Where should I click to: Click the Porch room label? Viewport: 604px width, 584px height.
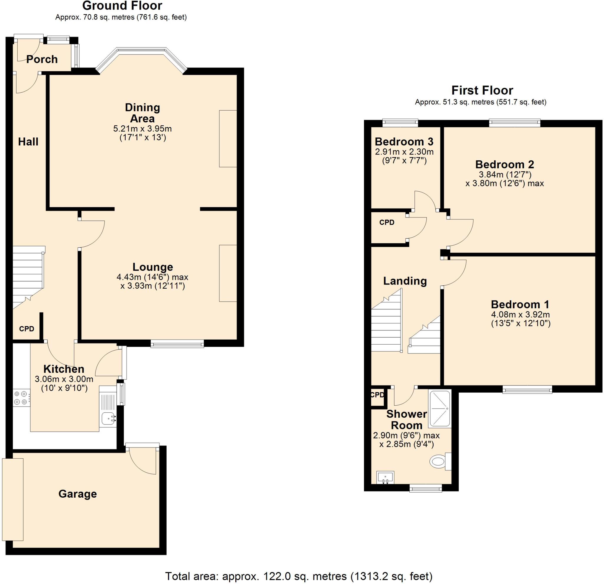[42, 59]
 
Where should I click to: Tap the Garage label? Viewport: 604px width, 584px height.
[78, 494]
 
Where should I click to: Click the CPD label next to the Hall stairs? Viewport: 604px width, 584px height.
[27, 329]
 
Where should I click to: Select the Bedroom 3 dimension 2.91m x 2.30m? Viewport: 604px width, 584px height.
[404, 152]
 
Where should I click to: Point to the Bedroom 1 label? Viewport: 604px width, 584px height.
[520, 304]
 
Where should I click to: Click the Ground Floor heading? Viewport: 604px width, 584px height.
[122, 6]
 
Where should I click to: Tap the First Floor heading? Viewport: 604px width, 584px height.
[482, 90]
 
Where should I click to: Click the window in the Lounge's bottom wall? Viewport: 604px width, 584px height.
[177, 344]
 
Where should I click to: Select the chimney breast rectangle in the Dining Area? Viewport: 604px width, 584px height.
[228, 139]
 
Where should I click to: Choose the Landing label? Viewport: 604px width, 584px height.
[405, 281]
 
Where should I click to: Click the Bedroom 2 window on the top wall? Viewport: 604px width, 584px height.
[515, 123]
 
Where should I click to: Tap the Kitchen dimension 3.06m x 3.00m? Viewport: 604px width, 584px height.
[64, 379]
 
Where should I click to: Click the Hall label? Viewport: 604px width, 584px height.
[28, 142]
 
